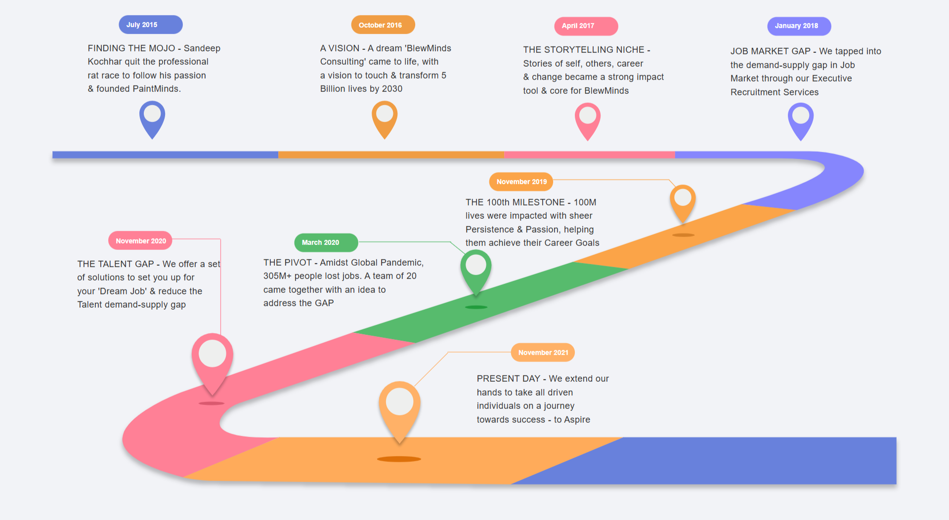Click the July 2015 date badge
pos(150,25)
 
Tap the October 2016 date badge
pos(383,25)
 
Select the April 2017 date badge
pos(586,26)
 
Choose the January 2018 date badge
pos(799,26)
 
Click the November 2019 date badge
pos(521,182)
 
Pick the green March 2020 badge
pos(326,242)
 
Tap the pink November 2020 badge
pos(140,241)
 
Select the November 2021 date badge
pos(543,353)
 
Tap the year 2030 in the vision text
pos(392,89)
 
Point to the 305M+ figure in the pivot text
pos(277,276)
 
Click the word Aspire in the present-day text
pos(577,420)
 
